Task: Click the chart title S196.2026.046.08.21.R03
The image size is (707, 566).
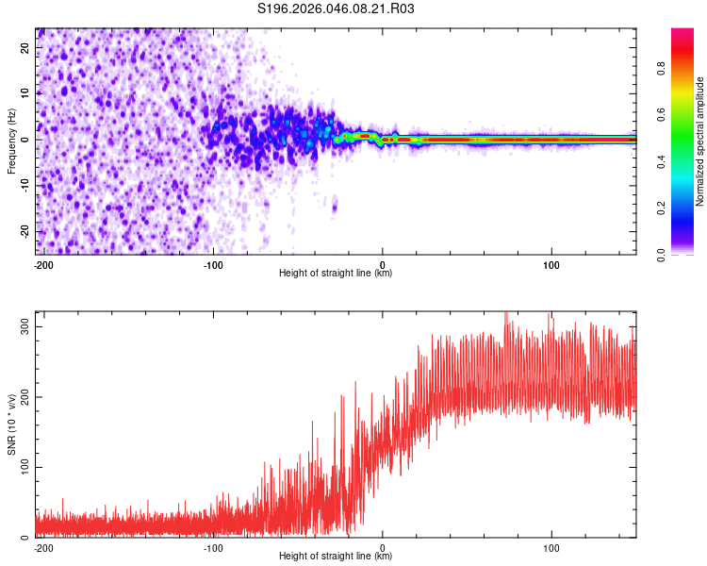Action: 336,9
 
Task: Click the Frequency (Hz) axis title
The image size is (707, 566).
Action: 11,141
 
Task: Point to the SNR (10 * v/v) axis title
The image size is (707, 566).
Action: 11,424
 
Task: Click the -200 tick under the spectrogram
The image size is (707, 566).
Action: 43,264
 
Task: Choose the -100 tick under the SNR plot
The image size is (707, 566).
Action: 213,547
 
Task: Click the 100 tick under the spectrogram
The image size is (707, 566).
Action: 551,264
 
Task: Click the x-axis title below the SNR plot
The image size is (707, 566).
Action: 336,557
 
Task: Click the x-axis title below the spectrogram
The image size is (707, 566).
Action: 336,274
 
